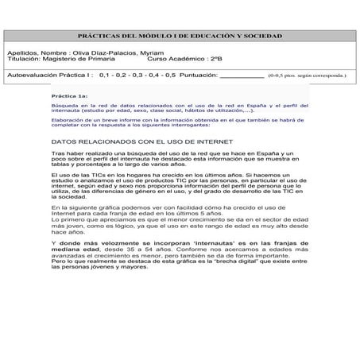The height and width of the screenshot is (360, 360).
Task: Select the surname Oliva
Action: click(x=80, y=52)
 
